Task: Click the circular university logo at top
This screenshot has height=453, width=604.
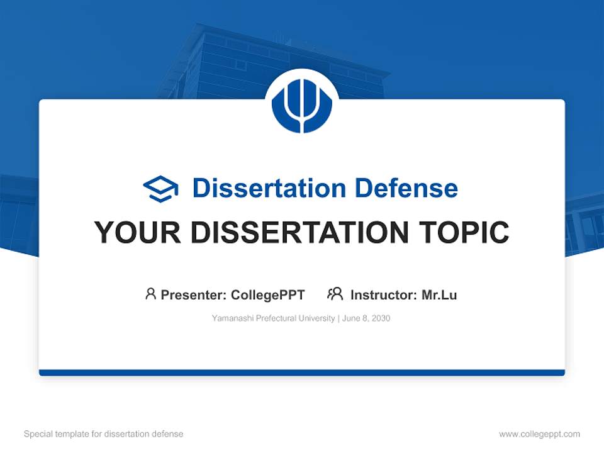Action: tap(302, 103)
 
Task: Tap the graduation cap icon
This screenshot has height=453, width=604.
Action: tap(160, 189)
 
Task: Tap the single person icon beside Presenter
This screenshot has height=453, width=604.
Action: tap(150, 294)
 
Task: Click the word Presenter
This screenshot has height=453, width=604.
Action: tap(193, 294)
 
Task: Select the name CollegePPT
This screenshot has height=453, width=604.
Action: tap(267, 294)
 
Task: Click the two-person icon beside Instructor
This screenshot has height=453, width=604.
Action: tap(335, 294)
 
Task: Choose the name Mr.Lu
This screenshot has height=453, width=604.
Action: tap(439, 294)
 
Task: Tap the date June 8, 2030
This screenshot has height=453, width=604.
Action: tap(367, 318)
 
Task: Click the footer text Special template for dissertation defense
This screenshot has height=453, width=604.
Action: tap(104, 434)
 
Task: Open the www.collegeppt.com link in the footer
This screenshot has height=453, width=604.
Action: tap(539, 434)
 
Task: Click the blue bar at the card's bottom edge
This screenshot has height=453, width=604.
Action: tap(302, 372)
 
